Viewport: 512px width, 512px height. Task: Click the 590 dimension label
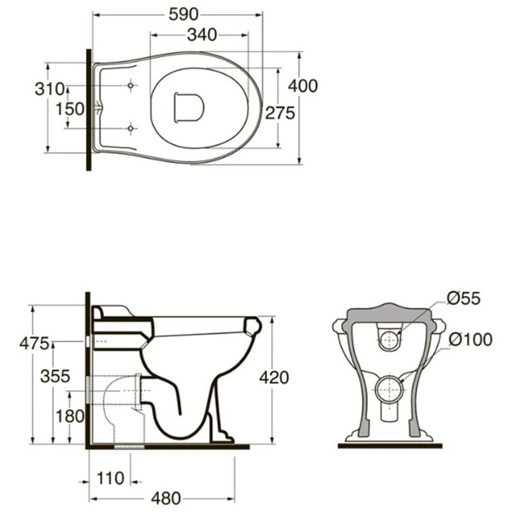(183, 15)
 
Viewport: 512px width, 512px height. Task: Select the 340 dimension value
(202, 35)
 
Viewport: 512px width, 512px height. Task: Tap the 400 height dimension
(303, 86)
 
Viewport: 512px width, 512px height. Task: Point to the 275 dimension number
(280, 113)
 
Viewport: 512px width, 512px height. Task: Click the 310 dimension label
(50, 89)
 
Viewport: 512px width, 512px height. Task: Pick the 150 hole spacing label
(70, 109)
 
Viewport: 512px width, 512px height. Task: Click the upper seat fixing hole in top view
(130, 86)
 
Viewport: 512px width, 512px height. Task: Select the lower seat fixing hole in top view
(130, 128)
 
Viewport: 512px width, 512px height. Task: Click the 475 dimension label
(34, 343)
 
